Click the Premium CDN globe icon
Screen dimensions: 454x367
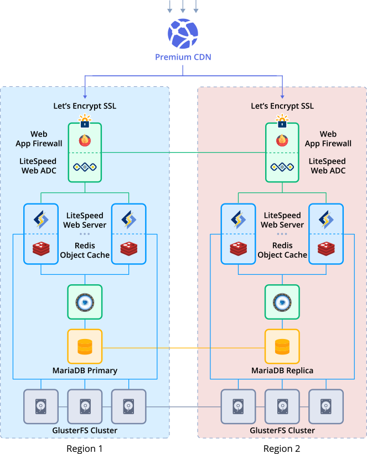183,34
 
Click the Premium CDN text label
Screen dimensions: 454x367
183,57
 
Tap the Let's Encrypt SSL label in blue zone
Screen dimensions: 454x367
85,106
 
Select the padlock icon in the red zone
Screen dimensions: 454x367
282,122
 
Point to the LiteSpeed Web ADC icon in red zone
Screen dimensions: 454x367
282,167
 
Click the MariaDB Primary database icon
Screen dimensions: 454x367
85,347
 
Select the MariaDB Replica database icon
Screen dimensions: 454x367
282,347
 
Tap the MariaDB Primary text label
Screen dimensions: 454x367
85,370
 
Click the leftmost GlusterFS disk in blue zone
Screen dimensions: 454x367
40,407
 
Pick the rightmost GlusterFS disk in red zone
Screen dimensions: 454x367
325,407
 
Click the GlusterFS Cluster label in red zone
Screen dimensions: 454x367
282,430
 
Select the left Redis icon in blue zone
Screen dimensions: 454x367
41,249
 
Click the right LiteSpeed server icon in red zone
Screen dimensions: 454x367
325,220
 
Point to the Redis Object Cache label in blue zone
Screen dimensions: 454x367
85,251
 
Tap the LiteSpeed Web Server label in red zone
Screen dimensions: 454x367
282,220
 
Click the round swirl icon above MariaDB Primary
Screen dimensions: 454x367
85,302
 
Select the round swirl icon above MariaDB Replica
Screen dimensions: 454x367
282,302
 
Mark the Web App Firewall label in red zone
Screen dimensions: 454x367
328,139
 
